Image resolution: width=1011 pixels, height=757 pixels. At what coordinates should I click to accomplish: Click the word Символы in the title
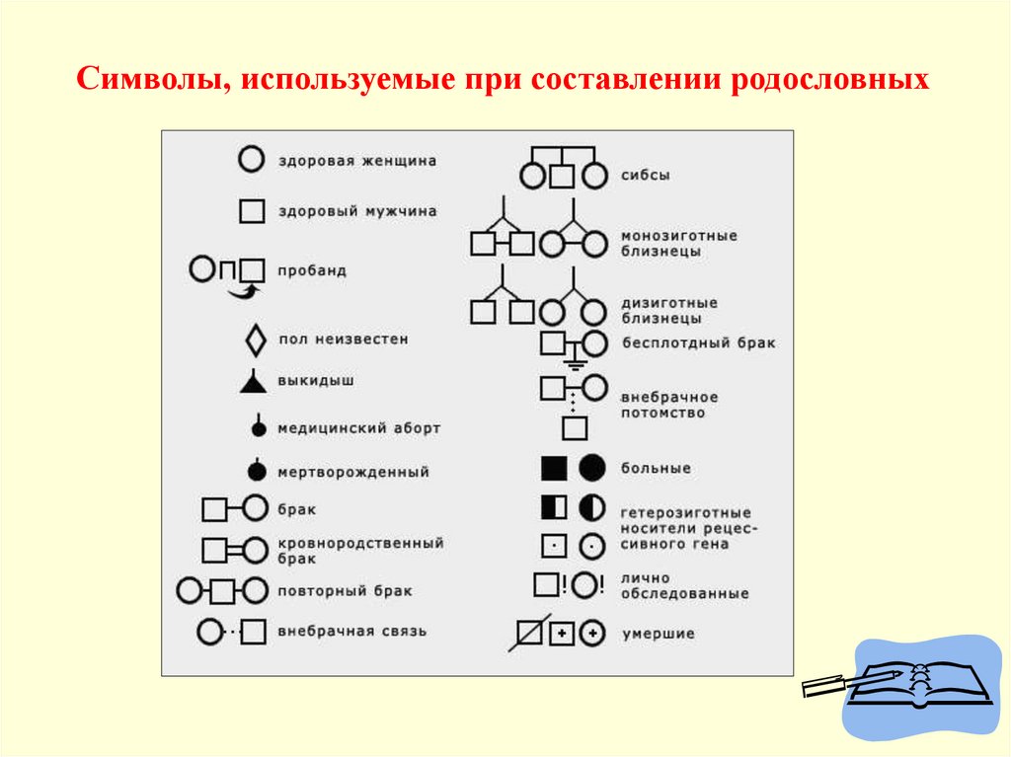coord(148,78)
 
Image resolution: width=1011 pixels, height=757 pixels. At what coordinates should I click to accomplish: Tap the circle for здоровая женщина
coord(253,158)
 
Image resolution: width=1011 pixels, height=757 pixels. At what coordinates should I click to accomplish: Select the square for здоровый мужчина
coord(253,211)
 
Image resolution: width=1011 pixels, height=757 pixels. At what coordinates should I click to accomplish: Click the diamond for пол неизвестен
coord(256,341)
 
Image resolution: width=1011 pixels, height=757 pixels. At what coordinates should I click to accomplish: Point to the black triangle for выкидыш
coord(254,382)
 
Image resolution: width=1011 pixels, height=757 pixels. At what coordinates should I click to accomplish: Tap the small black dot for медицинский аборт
coord(259,429)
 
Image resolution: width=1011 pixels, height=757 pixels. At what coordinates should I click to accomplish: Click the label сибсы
coord(646,175)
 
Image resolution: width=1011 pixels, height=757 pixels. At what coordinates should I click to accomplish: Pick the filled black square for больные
coord(554,468)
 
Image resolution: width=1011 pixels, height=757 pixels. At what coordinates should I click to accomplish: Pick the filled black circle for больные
coord(592,468)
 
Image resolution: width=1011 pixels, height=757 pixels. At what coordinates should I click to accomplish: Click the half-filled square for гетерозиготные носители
coord(554,507)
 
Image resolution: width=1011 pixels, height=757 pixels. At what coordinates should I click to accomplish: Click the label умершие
coord(658,634)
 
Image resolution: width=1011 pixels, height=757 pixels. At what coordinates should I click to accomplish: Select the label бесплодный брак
coord(698,343)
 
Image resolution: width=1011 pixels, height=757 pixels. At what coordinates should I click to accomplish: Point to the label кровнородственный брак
coord(360,550)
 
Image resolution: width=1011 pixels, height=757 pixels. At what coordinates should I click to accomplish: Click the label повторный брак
coord(345,591)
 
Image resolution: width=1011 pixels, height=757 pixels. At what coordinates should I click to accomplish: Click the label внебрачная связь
coord(352,631)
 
